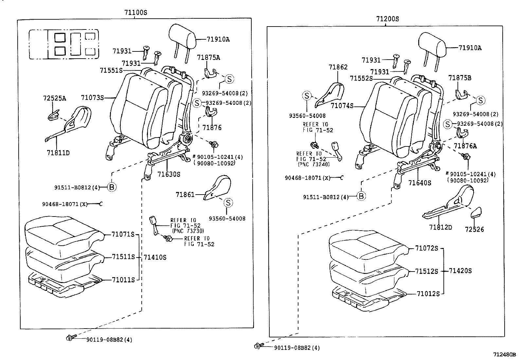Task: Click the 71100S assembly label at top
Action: point(135,13)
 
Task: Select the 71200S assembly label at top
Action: point(387,19)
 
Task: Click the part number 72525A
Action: point(54,98)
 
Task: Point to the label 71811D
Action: point(58,153)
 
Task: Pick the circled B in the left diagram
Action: point(112,187)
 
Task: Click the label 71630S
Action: point(169,175)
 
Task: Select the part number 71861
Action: point(185,195)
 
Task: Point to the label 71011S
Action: point(123,280)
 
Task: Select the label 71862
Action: point(338,67)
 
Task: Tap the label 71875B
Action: point(459,78)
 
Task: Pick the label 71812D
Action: point(440,227)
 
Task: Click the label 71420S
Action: point(460,271)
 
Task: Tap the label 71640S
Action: point(420,183)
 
